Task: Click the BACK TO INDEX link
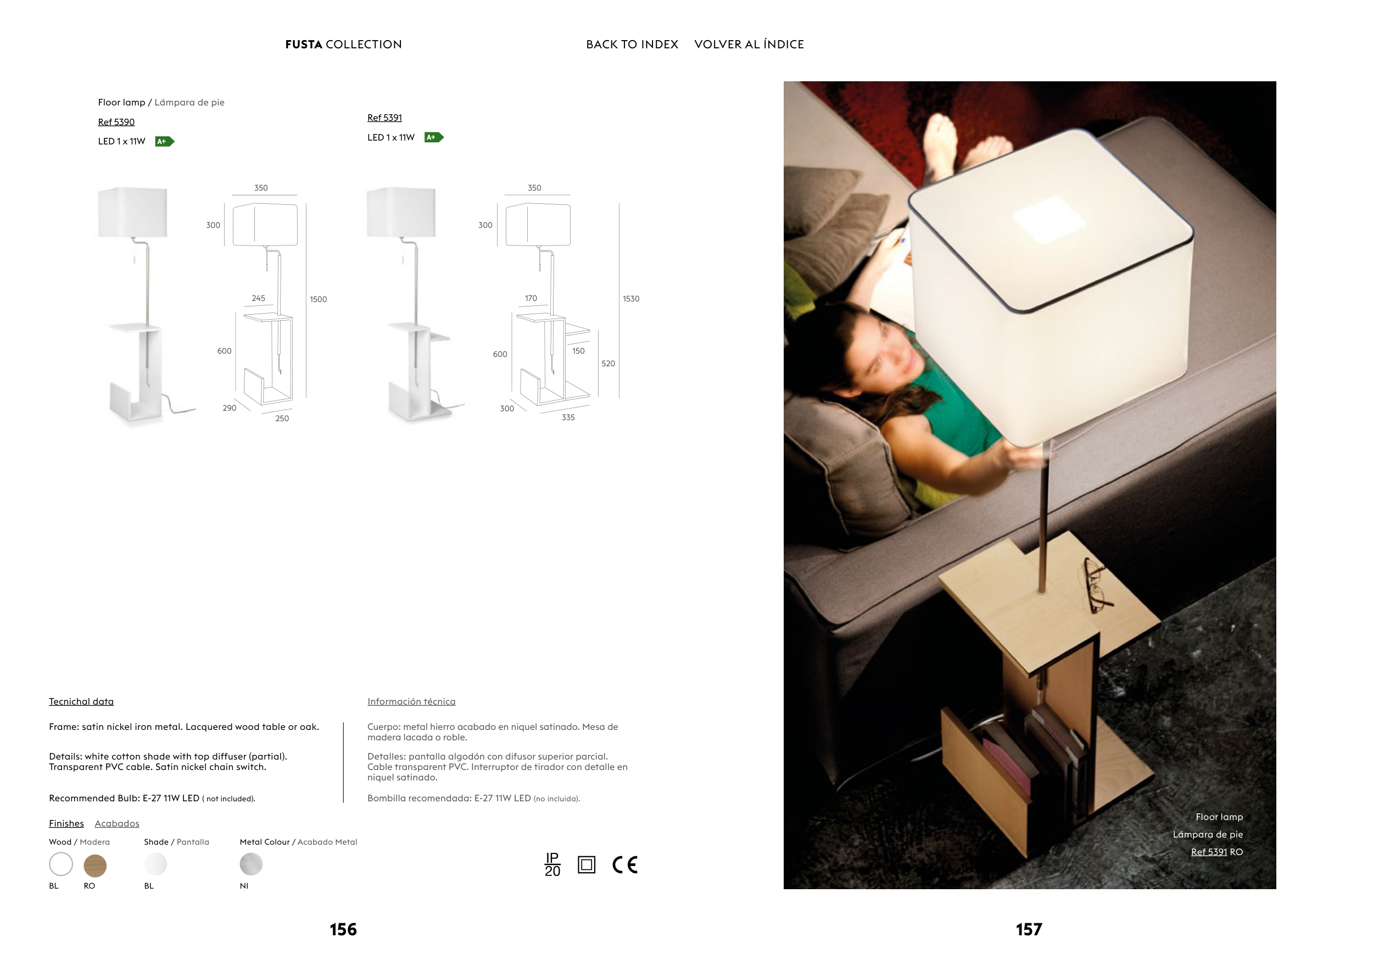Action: [x=632, y=44]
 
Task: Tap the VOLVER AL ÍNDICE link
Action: [x=749, y=44]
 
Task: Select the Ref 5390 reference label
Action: [x=116, y=122]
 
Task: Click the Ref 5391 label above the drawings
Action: [x=384, y=118]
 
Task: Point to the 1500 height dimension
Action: [x=318, y=299]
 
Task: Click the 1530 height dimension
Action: [x=631, y=299]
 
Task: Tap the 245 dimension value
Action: [x=258, y=298]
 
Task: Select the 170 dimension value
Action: [x=531, y=298]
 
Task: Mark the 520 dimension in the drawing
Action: [x=608, y=364]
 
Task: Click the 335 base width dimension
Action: [x=568, y=417]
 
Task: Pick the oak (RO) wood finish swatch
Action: [x=95, y=865]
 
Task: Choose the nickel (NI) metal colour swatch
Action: [x=251, y=864]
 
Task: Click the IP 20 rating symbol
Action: [x=552, y=864]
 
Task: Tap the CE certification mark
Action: [x=625, y=864]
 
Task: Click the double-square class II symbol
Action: [x=587, y=864]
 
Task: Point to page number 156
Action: [x=343, y=930]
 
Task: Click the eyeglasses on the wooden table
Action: [x=1096, y=585]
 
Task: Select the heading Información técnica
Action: [x=411, y=702]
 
